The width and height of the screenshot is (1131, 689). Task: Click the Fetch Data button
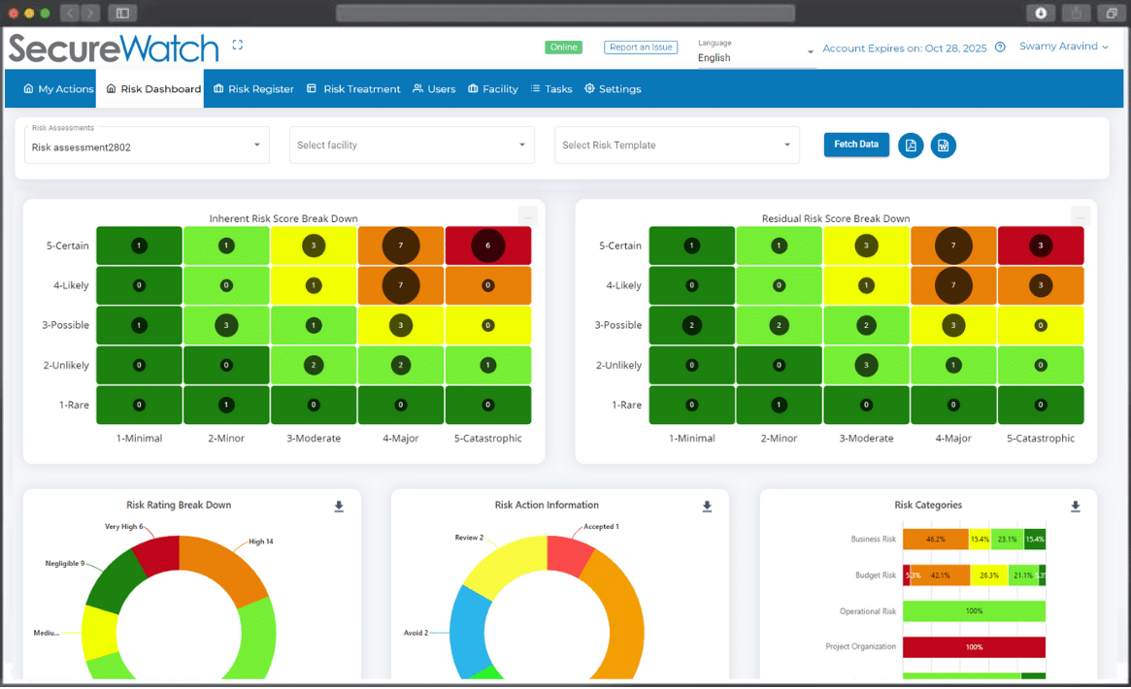click(856, 145)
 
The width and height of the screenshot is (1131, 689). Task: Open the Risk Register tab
click(253, 89)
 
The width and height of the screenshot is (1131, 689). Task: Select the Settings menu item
click(613, 89)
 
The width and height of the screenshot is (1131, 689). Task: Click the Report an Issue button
click(640, 48)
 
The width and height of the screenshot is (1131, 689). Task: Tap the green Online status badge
click(563, 48)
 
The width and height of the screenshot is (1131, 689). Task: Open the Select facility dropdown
click(412, 146)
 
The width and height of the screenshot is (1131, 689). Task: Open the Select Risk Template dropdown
click(677, 146)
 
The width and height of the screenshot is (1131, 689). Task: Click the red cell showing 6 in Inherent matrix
click(488, 246)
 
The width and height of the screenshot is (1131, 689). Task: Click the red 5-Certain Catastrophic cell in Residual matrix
click(1041, 246)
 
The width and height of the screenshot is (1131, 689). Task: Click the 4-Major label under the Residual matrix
click(953, 439)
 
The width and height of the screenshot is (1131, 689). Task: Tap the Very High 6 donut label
click(124, 527)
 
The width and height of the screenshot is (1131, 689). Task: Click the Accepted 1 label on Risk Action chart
click(601, 527)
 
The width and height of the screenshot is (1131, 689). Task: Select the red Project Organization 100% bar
click(974, 647)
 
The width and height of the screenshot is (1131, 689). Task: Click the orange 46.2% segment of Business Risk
click(935, 540)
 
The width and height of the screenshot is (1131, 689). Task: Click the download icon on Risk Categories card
click(1076, 507)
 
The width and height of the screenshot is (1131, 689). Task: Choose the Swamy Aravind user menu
click(1063, 47)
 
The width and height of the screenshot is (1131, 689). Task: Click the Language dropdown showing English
click(755, 57)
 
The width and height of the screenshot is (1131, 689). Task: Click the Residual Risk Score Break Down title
click(836, 218)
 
